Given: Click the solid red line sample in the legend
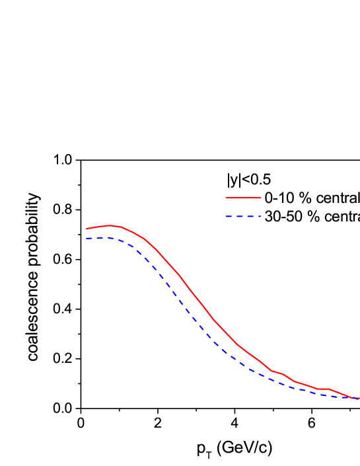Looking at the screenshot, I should pyautogui.click(x=243, y=198).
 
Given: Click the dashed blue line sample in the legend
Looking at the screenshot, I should pyautogui.click(x=243, y=216).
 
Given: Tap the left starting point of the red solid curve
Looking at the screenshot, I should pyautogui.click(x=87, y=229).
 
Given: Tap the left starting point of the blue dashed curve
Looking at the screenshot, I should pyautogui.click(x=86, y=238).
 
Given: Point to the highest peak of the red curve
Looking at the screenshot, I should pyautogui.click(x=110, y=225).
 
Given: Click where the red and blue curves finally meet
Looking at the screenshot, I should pyautogui.click(x=357, y=398).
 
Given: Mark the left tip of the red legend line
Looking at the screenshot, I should pyautogui.click(x=226, y=198).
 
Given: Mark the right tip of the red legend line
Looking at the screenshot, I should pyautogui.click(x=261, y=198).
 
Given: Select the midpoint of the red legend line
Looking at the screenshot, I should pyautogui.click(x=243, y=198).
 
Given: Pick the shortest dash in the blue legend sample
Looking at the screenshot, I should pyautogui.click(x=260, y=216).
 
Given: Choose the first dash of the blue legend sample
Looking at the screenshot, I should pyautogui.click(x=229, y=216).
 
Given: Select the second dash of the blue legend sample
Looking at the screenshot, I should pyautogui.click(x=239, y=216).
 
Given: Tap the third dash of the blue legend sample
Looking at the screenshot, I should pyautogui.click(x=250, y=216).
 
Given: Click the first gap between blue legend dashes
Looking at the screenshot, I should pyautogui.click(x=234, y=216).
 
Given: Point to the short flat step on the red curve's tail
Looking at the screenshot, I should pyautogui.click(x=323, y=389).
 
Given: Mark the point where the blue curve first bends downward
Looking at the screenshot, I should pyautogui.click(x=118, y=239).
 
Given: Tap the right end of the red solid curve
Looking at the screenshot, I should pyautogui.click(x=359, y=399).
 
